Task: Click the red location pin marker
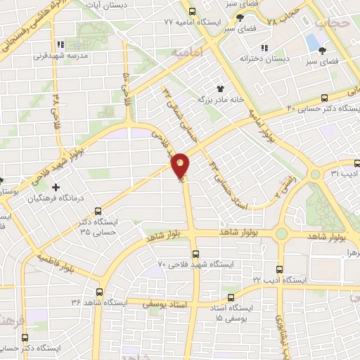coord(181,165)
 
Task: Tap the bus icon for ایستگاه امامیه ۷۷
coord(192,12)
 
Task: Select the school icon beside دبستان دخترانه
coord(264,48)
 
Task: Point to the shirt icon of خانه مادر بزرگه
coord(219,89)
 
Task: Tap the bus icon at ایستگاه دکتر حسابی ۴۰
coord(324,98)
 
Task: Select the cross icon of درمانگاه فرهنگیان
coord(56,187)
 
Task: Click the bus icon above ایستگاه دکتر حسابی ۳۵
coord(97,210)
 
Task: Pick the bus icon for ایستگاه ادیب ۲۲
coord(281,269)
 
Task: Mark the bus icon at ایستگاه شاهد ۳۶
coord(98,291)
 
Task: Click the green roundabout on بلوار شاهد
coord(282,234)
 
